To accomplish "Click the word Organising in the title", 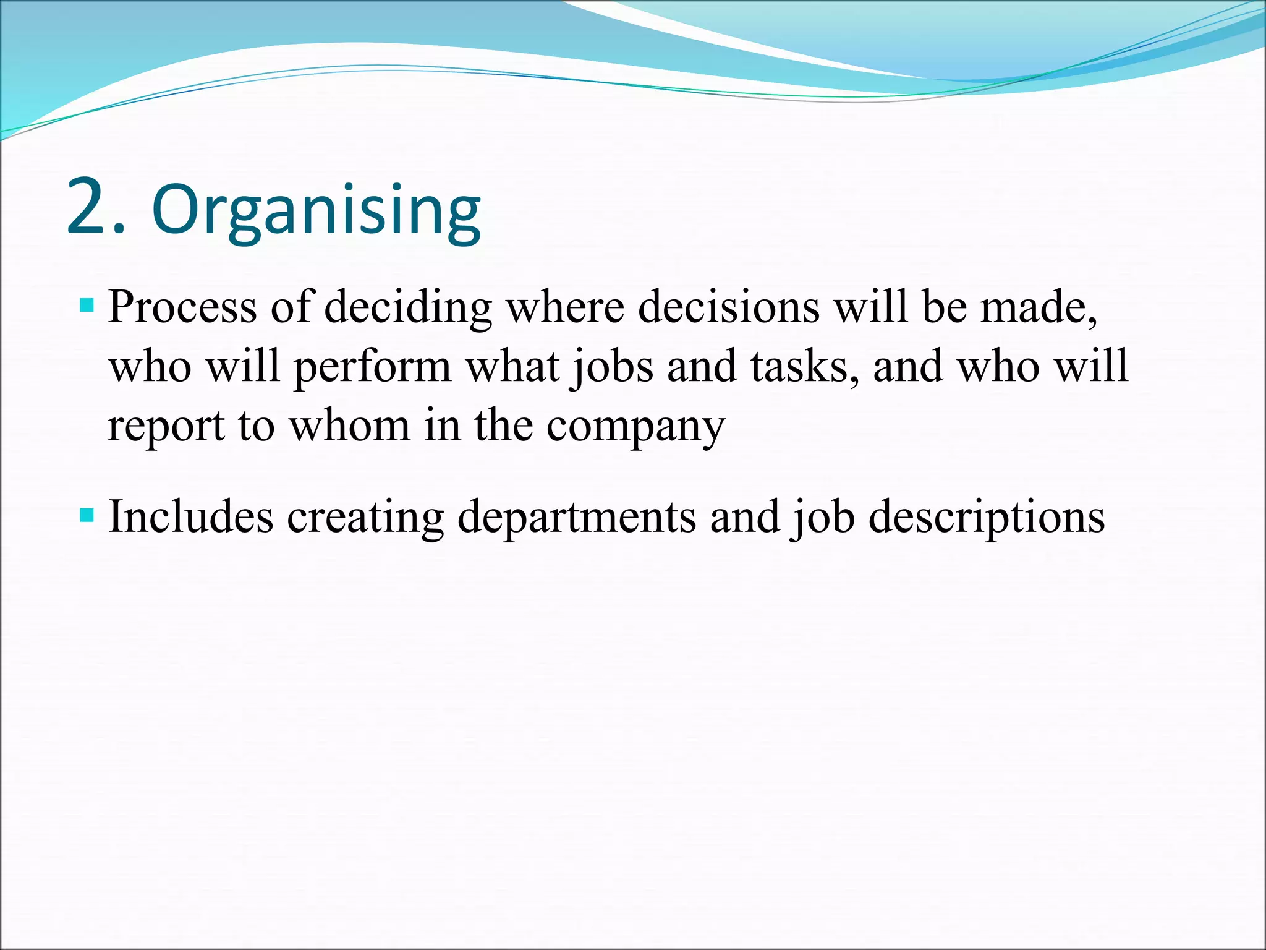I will point(316,210).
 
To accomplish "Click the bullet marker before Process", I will point(87,305).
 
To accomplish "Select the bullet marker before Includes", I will point(87,515).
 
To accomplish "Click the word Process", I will point(182,307).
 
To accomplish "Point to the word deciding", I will point(407,307).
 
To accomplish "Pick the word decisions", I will point(729,307).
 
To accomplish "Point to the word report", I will point(166,427).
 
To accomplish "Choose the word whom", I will point(350,427).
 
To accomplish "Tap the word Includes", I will point(190,517).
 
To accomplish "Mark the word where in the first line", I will point(565,307).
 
